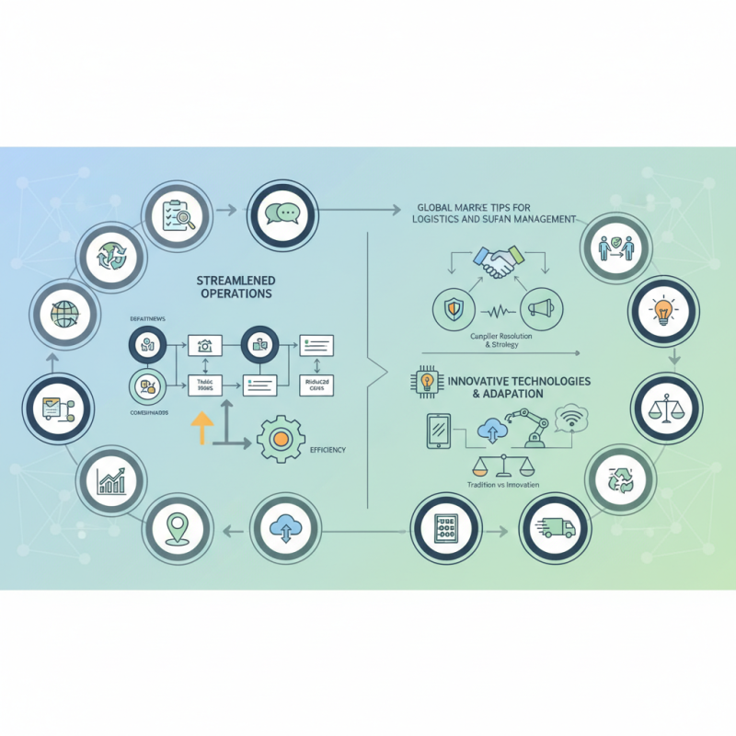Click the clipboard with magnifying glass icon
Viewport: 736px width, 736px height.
pyautogui.click(x=174, y=213)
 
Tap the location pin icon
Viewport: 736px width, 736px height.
pyautogui.click(x=176, y=527)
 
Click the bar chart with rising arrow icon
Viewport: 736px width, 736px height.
pyautogui.click(x=110, y=479)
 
